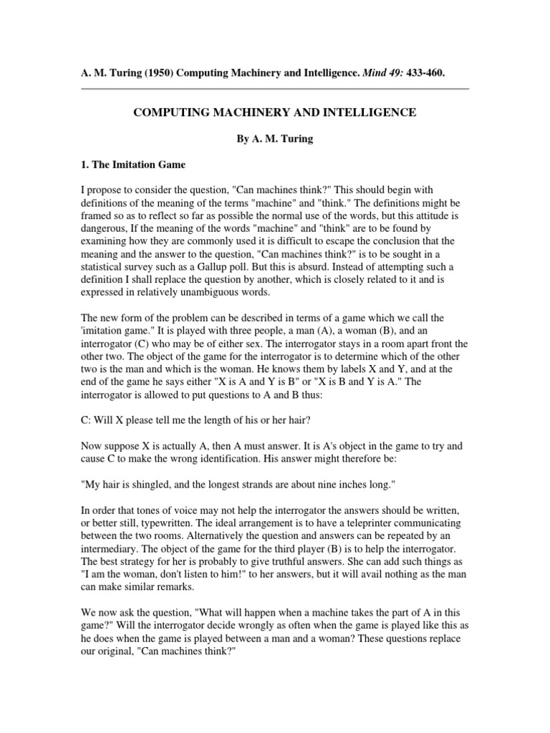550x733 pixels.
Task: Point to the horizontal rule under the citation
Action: coord(274,89)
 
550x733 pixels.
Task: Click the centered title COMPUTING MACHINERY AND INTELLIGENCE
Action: coord(276,113)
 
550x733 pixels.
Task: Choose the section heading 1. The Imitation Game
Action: coord(133,165)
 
